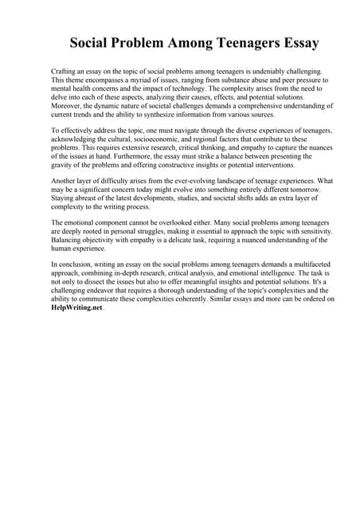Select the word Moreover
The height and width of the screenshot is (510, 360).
68,104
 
